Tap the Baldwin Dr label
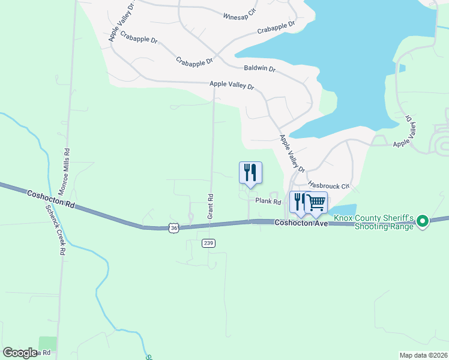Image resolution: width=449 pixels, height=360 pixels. pyautogui.click(x=259, y=69)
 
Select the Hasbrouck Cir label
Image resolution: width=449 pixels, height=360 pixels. pyautogui.click(x=328, y=186)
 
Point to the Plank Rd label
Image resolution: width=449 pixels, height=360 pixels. pyautogui.click(x=268, y=202)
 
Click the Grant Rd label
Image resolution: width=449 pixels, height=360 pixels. pyautogui.click(x=211, y=206)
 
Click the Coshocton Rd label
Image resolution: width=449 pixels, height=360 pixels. pyautogui.click(x=50, y=199)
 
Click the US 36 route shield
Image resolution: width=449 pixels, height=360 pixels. pyautogui.click(x=173, y=228)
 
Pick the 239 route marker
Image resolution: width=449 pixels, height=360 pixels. pyautogui.click(x=208, y=243)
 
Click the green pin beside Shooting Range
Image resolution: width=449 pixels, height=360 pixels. pyautogui.click(x=423, y=222)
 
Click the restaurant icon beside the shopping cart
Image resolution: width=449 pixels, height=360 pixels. pyautogui.click(x=298, y=202)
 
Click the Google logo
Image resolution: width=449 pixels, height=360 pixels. pyautogui.click(x=20, y=353)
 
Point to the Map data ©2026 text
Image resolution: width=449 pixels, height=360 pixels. pyautogui.click(x=423, y=355)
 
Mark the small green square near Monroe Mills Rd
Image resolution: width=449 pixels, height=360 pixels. pyautogui.click(x=47, y=344)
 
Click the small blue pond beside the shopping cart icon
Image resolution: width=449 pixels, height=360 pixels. pyautogui.click(x=337, y=210)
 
